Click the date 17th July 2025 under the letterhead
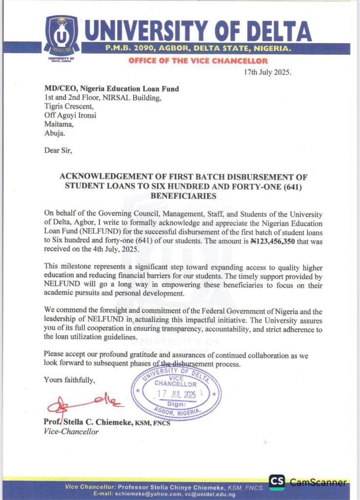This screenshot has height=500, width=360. click(x=267, y=72)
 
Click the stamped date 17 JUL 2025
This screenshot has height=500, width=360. click(x=176, y=394)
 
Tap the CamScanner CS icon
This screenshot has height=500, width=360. click(x=277, y=482)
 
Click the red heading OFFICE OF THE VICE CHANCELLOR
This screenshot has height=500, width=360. click(x=198, y=61)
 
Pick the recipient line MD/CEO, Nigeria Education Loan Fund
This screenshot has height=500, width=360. click(x=111, y=89)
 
